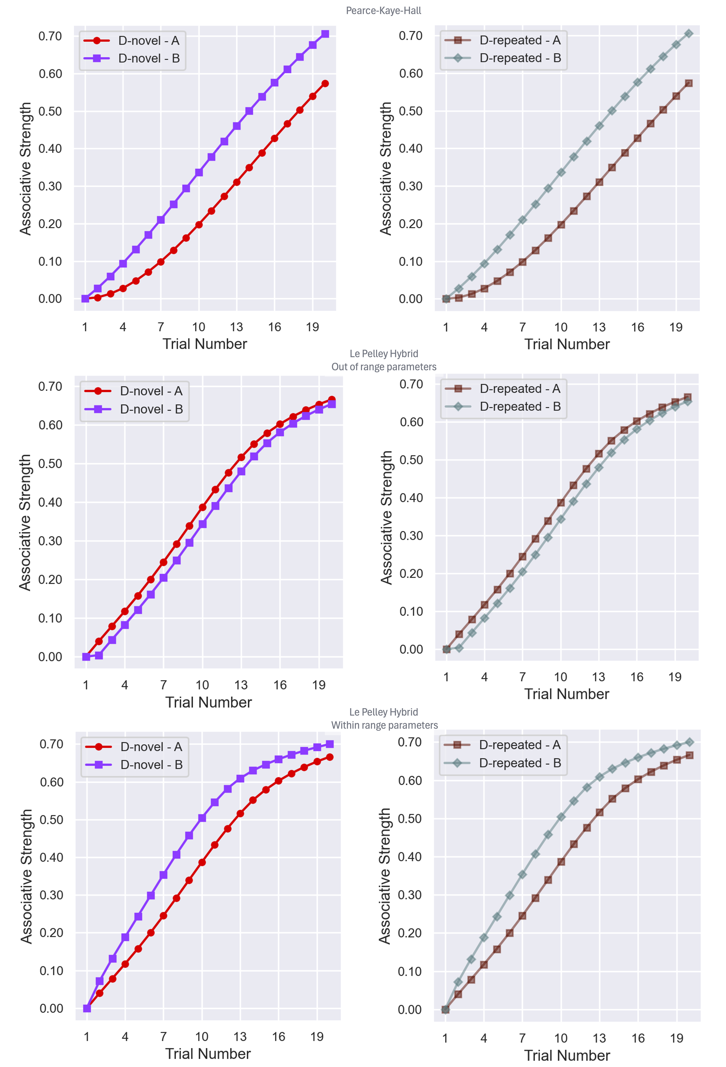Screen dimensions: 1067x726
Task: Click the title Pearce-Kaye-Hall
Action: point(383,11)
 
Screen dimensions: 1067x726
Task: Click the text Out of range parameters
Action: point(384,367)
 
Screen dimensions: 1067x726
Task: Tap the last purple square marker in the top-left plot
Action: point(325,34)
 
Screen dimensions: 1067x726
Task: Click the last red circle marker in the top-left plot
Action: point(325,84)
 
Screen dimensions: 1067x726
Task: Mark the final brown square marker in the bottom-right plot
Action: point(689,755)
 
